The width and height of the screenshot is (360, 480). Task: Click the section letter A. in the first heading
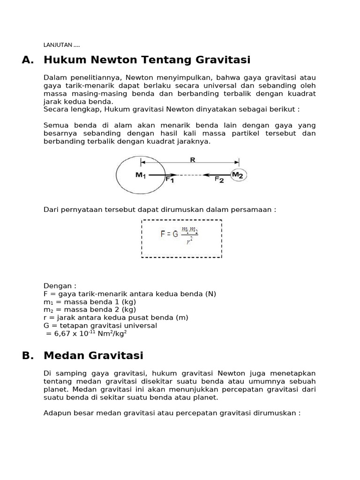(x=28, y=60)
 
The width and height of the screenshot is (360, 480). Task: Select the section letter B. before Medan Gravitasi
(x=28, y=356)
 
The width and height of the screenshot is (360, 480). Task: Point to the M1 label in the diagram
(x=141, y=175)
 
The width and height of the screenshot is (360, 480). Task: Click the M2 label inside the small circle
(x=238, y=175)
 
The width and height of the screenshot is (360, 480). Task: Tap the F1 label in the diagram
(x=169, y=179)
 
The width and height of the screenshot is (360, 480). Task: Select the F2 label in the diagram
(x=219, y=179)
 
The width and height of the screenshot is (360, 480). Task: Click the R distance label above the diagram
(x=192, y=159)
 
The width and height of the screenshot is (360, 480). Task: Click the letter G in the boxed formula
(x=175, y=234)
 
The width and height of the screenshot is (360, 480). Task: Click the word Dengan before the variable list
(x=59, y=286)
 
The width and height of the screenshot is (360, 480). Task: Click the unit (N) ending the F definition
(x=210, y=294)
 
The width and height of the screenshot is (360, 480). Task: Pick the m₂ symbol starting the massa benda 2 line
(x=47, y=310)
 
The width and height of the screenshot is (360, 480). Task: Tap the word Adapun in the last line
(x=56, y=413)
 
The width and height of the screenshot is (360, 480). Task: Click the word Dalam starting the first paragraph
(x=53, y=77)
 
